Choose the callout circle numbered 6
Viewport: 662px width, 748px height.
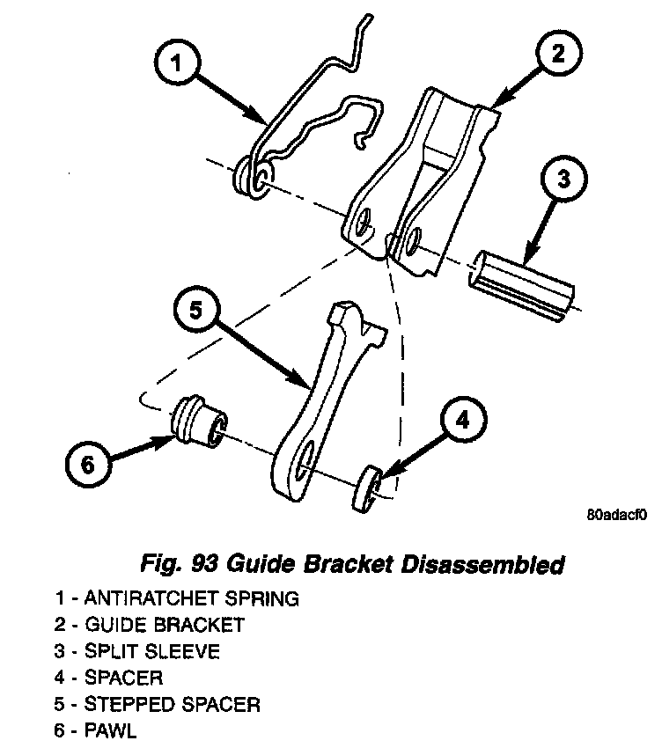pyautogui.click(x=87, y=464)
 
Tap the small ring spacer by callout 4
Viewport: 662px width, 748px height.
pyautogui.click(x=367, y=489)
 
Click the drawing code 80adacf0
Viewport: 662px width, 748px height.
pyautogui.click(x=614, y=517)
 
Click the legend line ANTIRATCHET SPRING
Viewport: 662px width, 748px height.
pyautogui.click(x=176, y=598)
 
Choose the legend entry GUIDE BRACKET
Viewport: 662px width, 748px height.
pyautogui.click(x=149, y=625)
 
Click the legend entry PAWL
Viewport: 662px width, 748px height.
pyautogui.click(x=98, y=730)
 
